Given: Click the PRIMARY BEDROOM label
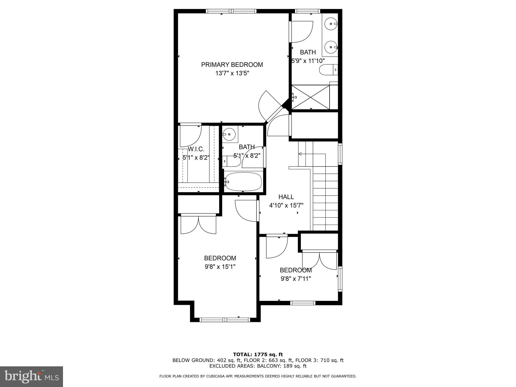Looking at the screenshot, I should (232, 65).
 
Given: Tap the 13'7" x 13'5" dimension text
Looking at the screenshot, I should (232, 74).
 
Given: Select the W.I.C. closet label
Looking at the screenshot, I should (196, 149).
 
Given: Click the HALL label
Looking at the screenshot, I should (286, 197).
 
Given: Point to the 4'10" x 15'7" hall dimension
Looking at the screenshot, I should (286, 206).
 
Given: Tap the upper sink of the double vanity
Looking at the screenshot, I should (330, 24).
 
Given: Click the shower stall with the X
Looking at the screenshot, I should (311, 97).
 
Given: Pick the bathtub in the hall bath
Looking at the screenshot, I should (243, 182).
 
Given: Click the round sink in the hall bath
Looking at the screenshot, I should (229, 134).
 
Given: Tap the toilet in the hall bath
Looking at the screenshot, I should (232, 161).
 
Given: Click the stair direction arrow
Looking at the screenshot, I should (300, 154).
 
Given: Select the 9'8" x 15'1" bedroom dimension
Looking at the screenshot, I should (220, 267).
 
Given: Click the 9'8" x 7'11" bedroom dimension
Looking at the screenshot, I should (296, 279).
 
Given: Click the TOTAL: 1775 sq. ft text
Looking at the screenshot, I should (258, 354).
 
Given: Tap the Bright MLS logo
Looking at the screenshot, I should (31, 376).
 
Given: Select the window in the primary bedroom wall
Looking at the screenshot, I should (231, 11).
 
